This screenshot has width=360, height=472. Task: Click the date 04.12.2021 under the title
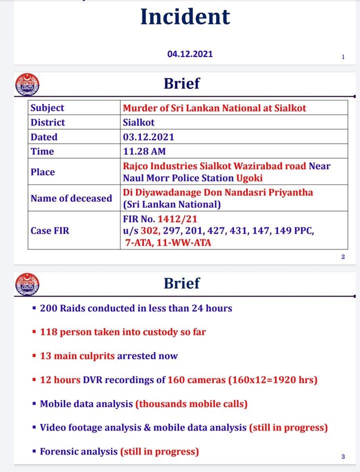[190, 53]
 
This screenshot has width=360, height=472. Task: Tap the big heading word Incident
[185, 16]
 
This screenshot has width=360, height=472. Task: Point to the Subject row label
[47, 108]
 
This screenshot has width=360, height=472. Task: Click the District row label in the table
[48, 122]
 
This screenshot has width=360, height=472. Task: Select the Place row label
[42, 172]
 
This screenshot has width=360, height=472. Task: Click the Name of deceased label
[71, 198]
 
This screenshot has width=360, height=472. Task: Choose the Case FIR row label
[49, 231]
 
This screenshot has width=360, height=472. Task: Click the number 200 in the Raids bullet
[48, 308]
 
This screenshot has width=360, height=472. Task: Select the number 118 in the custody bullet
[48, 332]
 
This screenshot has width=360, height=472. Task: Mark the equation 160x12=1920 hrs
[272, 380]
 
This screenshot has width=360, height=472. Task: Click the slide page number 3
[343, 457]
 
